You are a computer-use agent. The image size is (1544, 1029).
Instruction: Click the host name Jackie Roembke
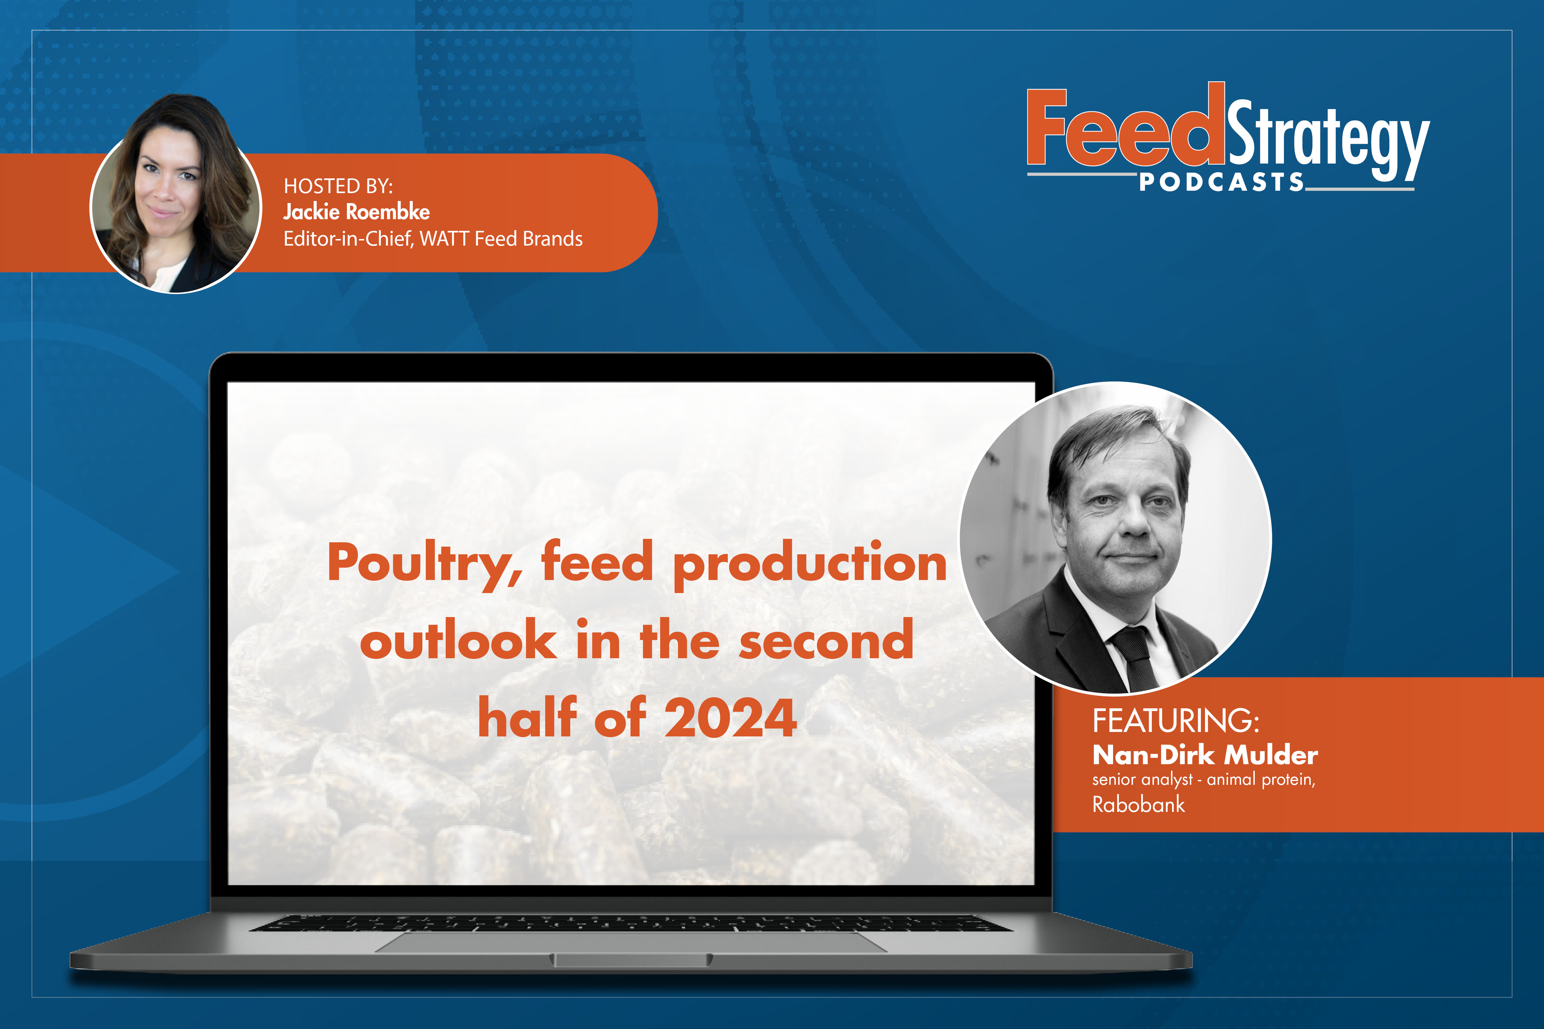(356, 212)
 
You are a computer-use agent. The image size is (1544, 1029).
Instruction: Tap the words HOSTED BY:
(338, 186)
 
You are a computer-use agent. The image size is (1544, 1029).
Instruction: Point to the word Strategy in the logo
(1327, 140)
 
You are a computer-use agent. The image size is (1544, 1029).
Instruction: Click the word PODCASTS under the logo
(1221, 182)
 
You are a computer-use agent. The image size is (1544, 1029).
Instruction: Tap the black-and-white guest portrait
(1115, 537)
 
